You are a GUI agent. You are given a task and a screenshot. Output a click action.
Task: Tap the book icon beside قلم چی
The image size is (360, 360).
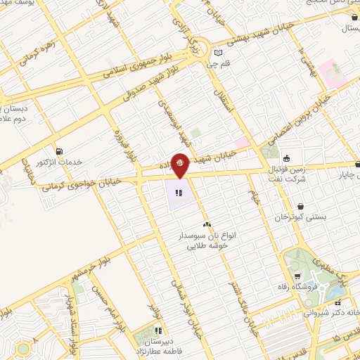(x=218, y=53)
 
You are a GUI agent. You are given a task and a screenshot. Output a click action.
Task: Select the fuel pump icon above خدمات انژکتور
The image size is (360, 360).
(x=58, y=151)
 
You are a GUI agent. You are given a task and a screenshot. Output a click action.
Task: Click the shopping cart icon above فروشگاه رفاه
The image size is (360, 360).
(x=299, y=276)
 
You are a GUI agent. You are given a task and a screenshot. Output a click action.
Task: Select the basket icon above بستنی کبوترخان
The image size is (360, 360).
(x=301, y=207)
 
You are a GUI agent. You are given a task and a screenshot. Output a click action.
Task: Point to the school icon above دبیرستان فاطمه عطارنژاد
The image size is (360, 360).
(x=159, y=329)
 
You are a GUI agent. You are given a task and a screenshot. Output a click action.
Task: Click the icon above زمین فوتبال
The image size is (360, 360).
(x=287, y=157)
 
